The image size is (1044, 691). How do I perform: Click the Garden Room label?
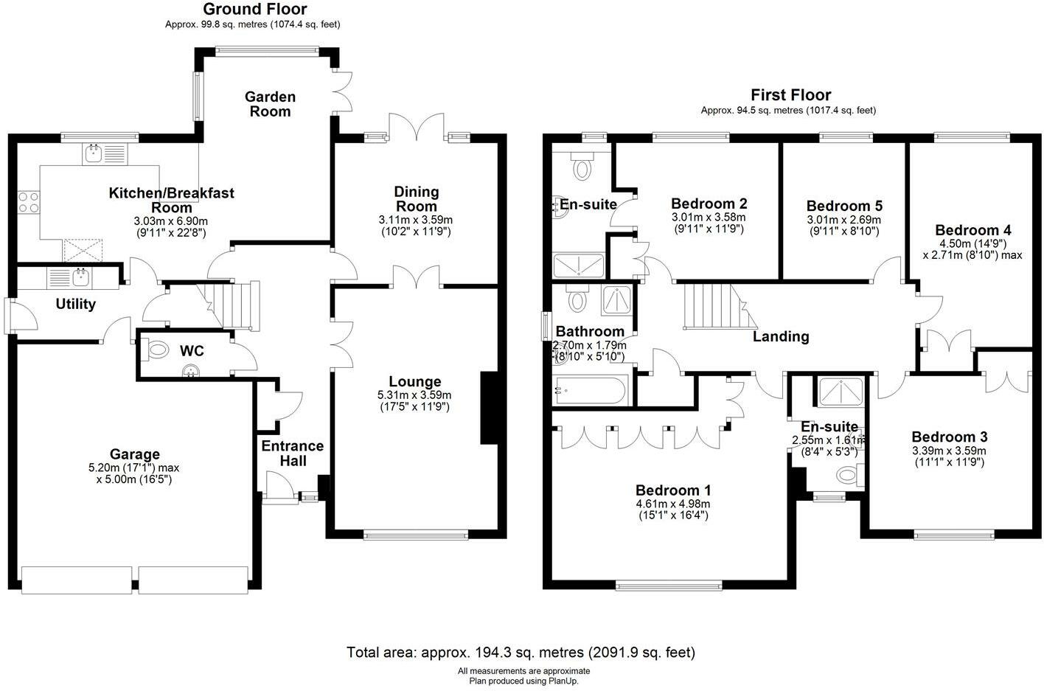[x=271, y=104]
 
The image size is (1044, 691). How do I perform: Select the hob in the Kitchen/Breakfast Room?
[x=29, y=202]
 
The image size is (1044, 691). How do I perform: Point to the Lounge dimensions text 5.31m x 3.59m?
[x=414, y=395]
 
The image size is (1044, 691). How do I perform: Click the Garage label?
[x=135, y=454]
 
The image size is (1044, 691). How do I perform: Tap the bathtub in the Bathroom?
[x=590, y=390]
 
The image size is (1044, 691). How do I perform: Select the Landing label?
[x=781, y=336]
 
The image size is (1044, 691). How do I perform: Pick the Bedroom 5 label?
[x=844, y=206]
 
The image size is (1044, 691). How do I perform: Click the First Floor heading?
[x=790, y=95]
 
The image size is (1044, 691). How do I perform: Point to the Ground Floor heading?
[x=255, y=9]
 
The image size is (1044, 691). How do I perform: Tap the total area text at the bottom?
[x=521, y=652]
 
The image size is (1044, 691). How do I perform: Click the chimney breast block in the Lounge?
[x=490, y=408]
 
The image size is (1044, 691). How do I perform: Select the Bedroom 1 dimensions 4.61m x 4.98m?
[x=672, y=504]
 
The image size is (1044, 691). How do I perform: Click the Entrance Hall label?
[x=293, y=454]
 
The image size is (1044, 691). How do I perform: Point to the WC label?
[x=192, y=350]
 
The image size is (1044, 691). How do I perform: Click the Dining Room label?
[x=417, y=198]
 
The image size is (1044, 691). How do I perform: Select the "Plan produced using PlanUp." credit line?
[x=523, y=681]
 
